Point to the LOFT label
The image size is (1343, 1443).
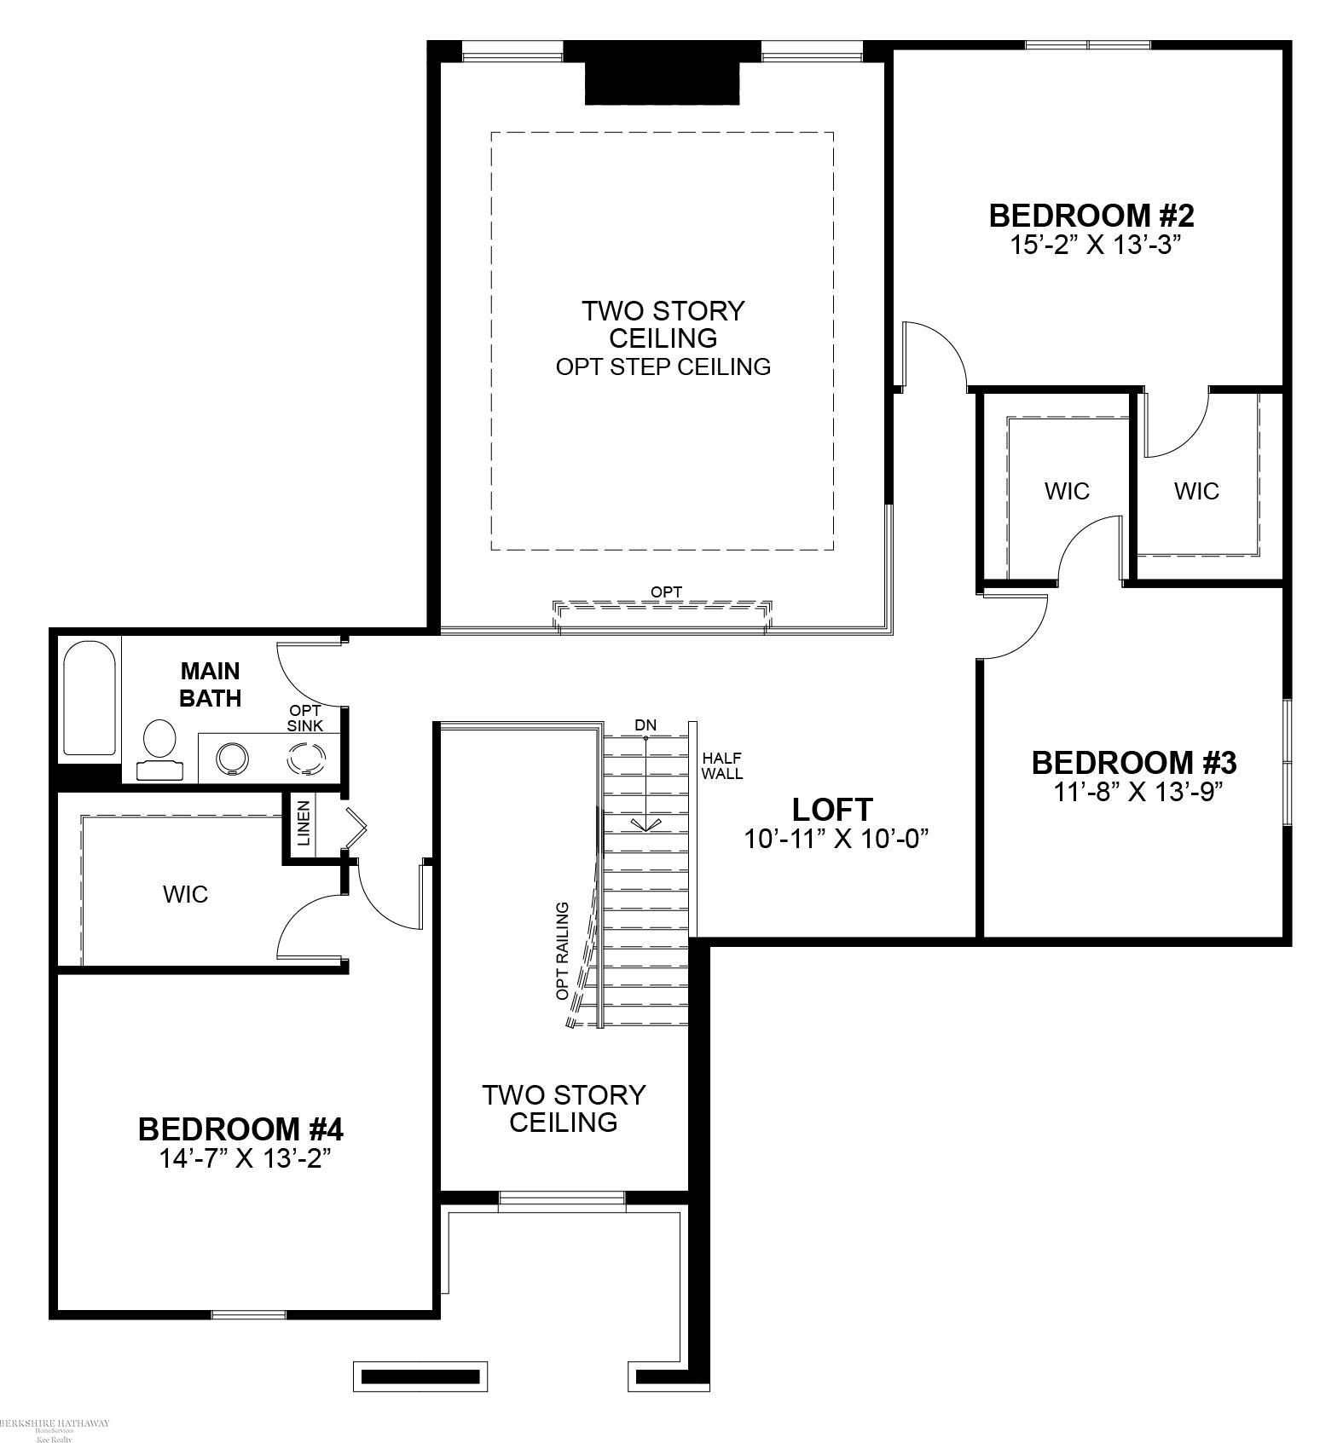832,809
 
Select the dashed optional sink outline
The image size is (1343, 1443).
306,758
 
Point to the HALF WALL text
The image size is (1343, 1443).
721,766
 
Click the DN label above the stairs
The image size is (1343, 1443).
645,725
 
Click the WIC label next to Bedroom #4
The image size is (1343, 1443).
185,894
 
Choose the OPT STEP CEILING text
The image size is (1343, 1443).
663,367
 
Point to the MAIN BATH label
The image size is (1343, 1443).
210,684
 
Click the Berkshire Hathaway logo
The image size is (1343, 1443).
55,1423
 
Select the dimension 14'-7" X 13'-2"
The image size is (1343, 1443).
244,1158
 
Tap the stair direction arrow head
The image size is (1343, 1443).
645,824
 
